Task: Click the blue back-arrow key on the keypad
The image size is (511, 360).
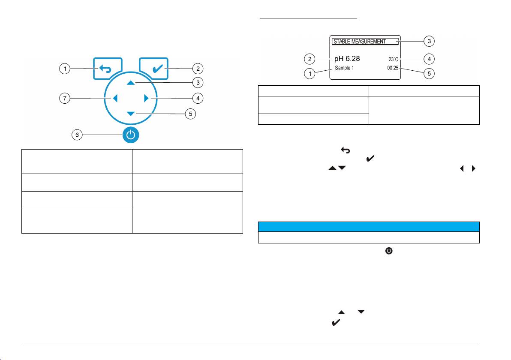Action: click(108, 69)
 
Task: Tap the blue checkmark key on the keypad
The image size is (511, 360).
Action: click(154, 69)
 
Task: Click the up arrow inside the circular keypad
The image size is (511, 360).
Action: click(131, 83)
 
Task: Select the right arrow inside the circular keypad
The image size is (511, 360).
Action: click(146, 98)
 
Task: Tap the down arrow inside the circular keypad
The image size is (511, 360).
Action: click(131, 114)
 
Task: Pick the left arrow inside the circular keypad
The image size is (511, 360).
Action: click(115, 98)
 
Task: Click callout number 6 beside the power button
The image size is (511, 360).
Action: click(77, 135)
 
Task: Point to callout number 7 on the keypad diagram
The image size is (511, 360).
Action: click(65, 98)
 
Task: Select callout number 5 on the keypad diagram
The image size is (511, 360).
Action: click(190, 114)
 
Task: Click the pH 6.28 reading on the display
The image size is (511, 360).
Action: click(347, 59)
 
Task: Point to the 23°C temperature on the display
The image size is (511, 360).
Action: click(394, 59)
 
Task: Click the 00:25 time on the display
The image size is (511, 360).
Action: click(393, 68)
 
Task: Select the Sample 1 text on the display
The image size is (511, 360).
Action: click(344, 68)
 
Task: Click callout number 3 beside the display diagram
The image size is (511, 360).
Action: click(429, 41)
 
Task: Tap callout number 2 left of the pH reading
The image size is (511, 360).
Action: click(310, 59)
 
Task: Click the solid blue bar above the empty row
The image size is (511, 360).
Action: click(369, 227)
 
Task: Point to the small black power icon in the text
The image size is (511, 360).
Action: click(389, 251)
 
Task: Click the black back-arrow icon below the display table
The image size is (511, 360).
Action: click(346, 150)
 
